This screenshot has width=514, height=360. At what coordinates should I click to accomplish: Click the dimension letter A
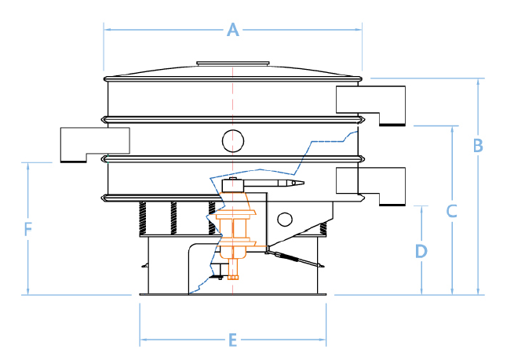pyautogui.click(x=232, y=30)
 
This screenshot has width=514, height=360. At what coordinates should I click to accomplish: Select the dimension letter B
pyautogui.click(x=477, y=145)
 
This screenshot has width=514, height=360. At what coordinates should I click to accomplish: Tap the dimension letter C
pyautogui.click(x=451, y=210)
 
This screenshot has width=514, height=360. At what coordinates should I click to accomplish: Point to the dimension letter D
pyautogui.click(x=421, y=251)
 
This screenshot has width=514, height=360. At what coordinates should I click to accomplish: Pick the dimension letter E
pyautogui.click(x=232, y=340)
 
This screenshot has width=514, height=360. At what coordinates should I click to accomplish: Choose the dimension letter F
pyautogui.click(x=27, y=229)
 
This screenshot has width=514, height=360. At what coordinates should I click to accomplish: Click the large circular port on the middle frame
pyautogui.click(x=233, y=140)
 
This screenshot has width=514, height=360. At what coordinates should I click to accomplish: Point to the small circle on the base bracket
pyautogui.click(x=285, y=219)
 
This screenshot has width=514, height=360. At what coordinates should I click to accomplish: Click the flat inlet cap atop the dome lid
pyautogui.click(x=233, y=63)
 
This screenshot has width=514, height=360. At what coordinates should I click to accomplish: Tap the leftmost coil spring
pyautogui.click(x=144, y=216)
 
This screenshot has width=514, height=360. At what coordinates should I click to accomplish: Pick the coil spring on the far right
pyautogui.click(x=323, y=228)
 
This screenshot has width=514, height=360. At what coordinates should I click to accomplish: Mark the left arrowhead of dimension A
pyautogui.click(x=108, y=30)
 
